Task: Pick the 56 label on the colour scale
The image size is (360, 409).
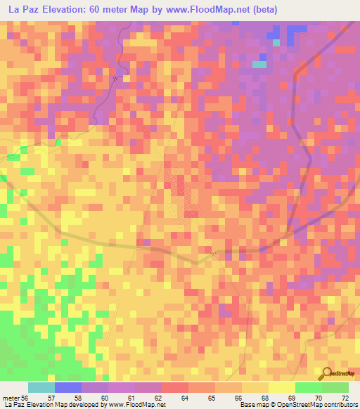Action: pos(25,398)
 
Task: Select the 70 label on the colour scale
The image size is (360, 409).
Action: pos(319,398)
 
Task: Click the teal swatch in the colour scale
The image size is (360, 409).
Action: pos(41,387)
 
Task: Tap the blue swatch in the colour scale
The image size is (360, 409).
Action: pos(68,387)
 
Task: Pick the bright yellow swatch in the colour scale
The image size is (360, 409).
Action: pos(282,387)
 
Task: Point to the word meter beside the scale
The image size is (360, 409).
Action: pos(11,398)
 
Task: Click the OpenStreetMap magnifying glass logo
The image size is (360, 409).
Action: pos(326,373)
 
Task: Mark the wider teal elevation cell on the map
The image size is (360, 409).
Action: pos(260,65)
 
